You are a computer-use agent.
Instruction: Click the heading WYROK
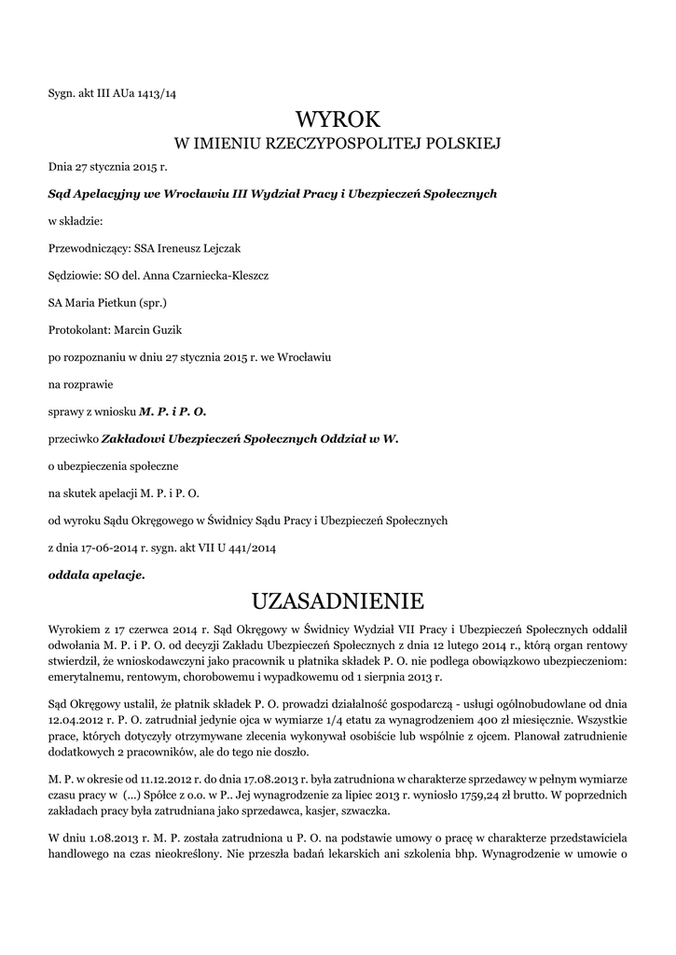[338, 119]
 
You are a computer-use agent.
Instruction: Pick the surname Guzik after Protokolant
[180, 330]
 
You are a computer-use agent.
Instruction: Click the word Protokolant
[78, 330]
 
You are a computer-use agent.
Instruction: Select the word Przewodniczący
[88, 248]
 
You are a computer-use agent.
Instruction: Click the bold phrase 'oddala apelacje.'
[96, 575]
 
